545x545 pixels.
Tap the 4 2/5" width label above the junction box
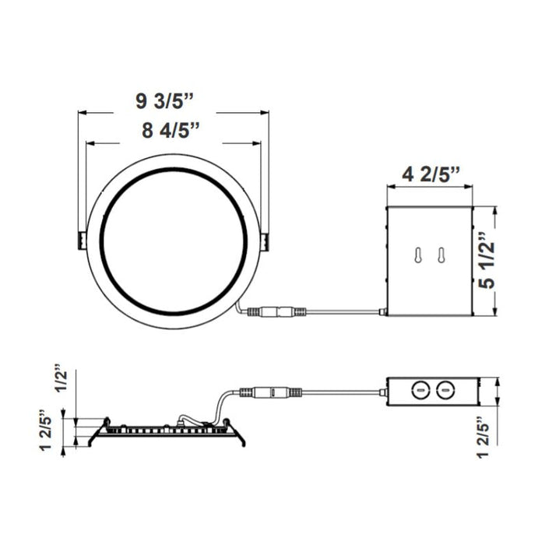tap(431, 174)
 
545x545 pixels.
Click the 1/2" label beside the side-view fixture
tap(62, 379)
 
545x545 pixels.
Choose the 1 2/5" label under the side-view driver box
tap(487, 440)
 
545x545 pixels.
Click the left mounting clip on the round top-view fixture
tap(80, 241)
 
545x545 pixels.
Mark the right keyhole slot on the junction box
tap(441, 256)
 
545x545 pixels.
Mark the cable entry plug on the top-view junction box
tap(382, 313)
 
